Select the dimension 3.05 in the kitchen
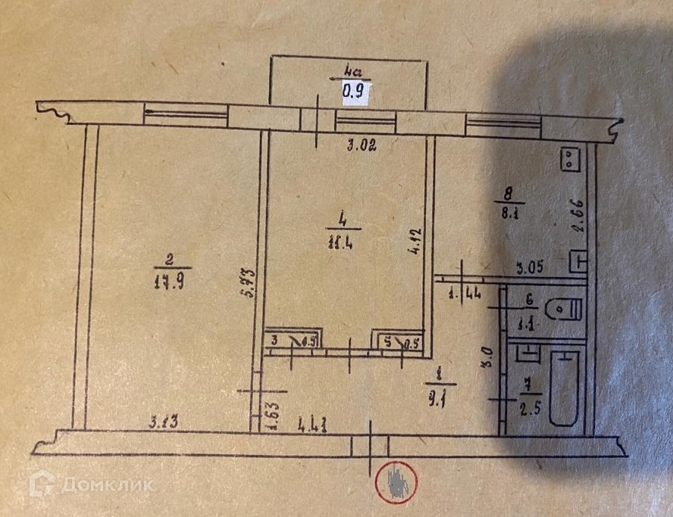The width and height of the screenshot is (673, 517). (529, 266)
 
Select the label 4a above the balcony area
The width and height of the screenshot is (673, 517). (354, 71)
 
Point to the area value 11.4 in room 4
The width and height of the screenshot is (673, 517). (344, 241)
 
